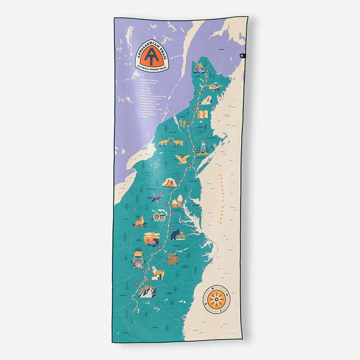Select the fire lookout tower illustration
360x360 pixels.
203,148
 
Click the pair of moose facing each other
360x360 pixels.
171,142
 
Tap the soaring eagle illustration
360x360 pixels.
184,159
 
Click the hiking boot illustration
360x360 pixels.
170,183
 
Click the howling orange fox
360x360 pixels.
139,221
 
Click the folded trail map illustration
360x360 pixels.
202,114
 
